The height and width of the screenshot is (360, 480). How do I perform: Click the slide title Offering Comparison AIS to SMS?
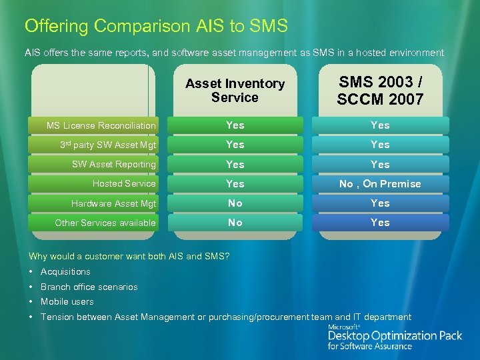click(156, 26)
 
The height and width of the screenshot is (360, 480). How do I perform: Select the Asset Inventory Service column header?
click(235, 91)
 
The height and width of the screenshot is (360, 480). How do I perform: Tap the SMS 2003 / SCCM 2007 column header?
click(380, 91)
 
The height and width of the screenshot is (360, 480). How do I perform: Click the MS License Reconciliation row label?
click(101, 125)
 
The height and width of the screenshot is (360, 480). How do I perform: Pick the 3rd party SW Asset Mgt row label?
click(108, 145)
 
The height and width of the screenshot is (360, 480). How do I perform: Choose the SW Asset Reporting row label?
click(113, 164)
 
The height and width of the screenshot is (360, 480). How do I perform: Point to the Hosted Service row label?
click(124, 183)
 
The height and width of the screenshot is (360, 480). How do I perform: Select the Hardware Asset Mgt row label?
click(113, 203)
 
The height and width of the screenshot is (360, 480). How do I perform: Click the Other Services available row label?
click(105, 223)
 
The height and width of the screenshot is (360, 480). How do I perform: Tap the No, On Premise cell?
click(380, 184)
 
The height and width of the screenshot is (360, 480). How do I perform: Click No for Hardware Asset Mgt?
click(235, 203)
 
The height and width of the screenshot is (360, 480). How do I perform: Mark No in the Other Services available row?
click(235, 223)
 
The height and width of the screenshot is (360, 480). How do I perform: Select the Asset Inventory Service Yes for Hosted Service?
click(235, 184)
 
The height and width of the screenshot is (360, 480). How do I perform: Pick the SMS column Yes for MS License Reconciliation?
click(380, 125)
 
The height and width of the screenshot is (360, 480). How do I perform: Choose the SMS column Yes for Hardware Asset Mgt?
click(380, 203)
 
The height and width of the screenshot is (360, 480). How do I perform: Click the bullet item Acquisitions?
click(65, 271)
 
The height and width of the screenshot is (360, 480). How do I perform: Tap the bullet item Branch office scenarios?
click(89, 287)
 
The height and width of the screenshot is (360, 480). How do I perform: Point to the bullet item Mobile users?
click(67, 301)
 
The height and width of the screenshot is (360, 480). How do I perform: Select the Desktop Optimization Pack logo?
click(394, 337)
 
